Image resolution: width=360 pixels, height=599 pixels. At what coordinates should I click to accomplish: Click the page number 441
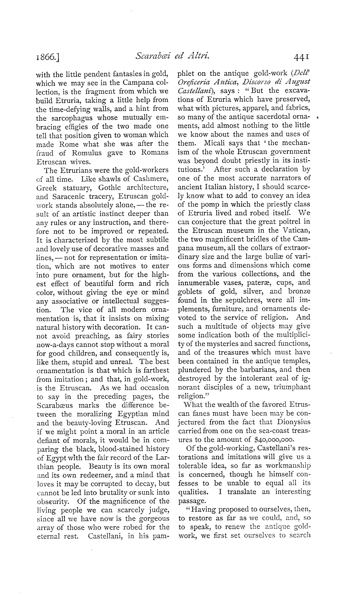(x=302, y=58)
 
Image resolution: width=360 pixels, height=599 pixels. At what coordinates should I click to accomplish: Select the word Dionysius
(x=293, y=422)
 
